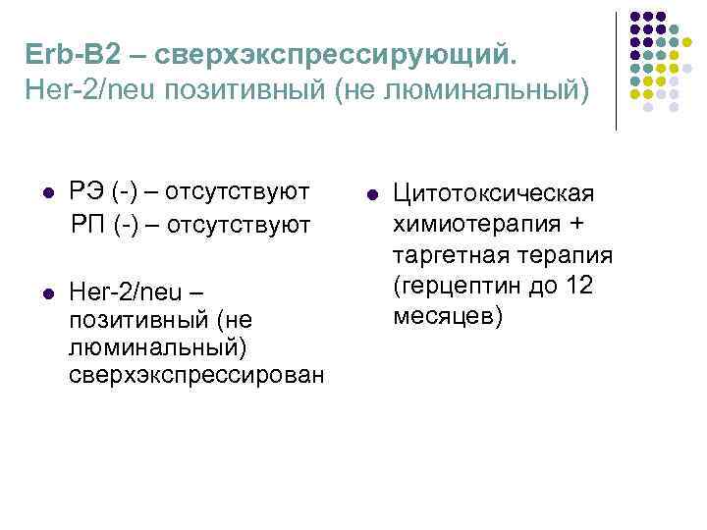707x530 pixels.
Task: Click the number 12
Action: click(x=579, y=287)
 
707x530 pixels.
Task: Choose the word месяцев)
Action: click(x=448, y=318)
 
